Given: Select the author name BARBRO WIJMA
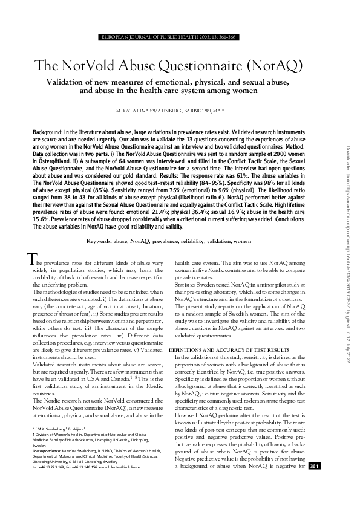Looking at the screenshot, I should pyautogui.click(x=202, y=112).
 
